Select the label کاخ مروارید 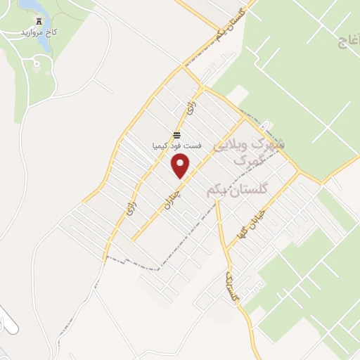[x=37, y=33]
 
